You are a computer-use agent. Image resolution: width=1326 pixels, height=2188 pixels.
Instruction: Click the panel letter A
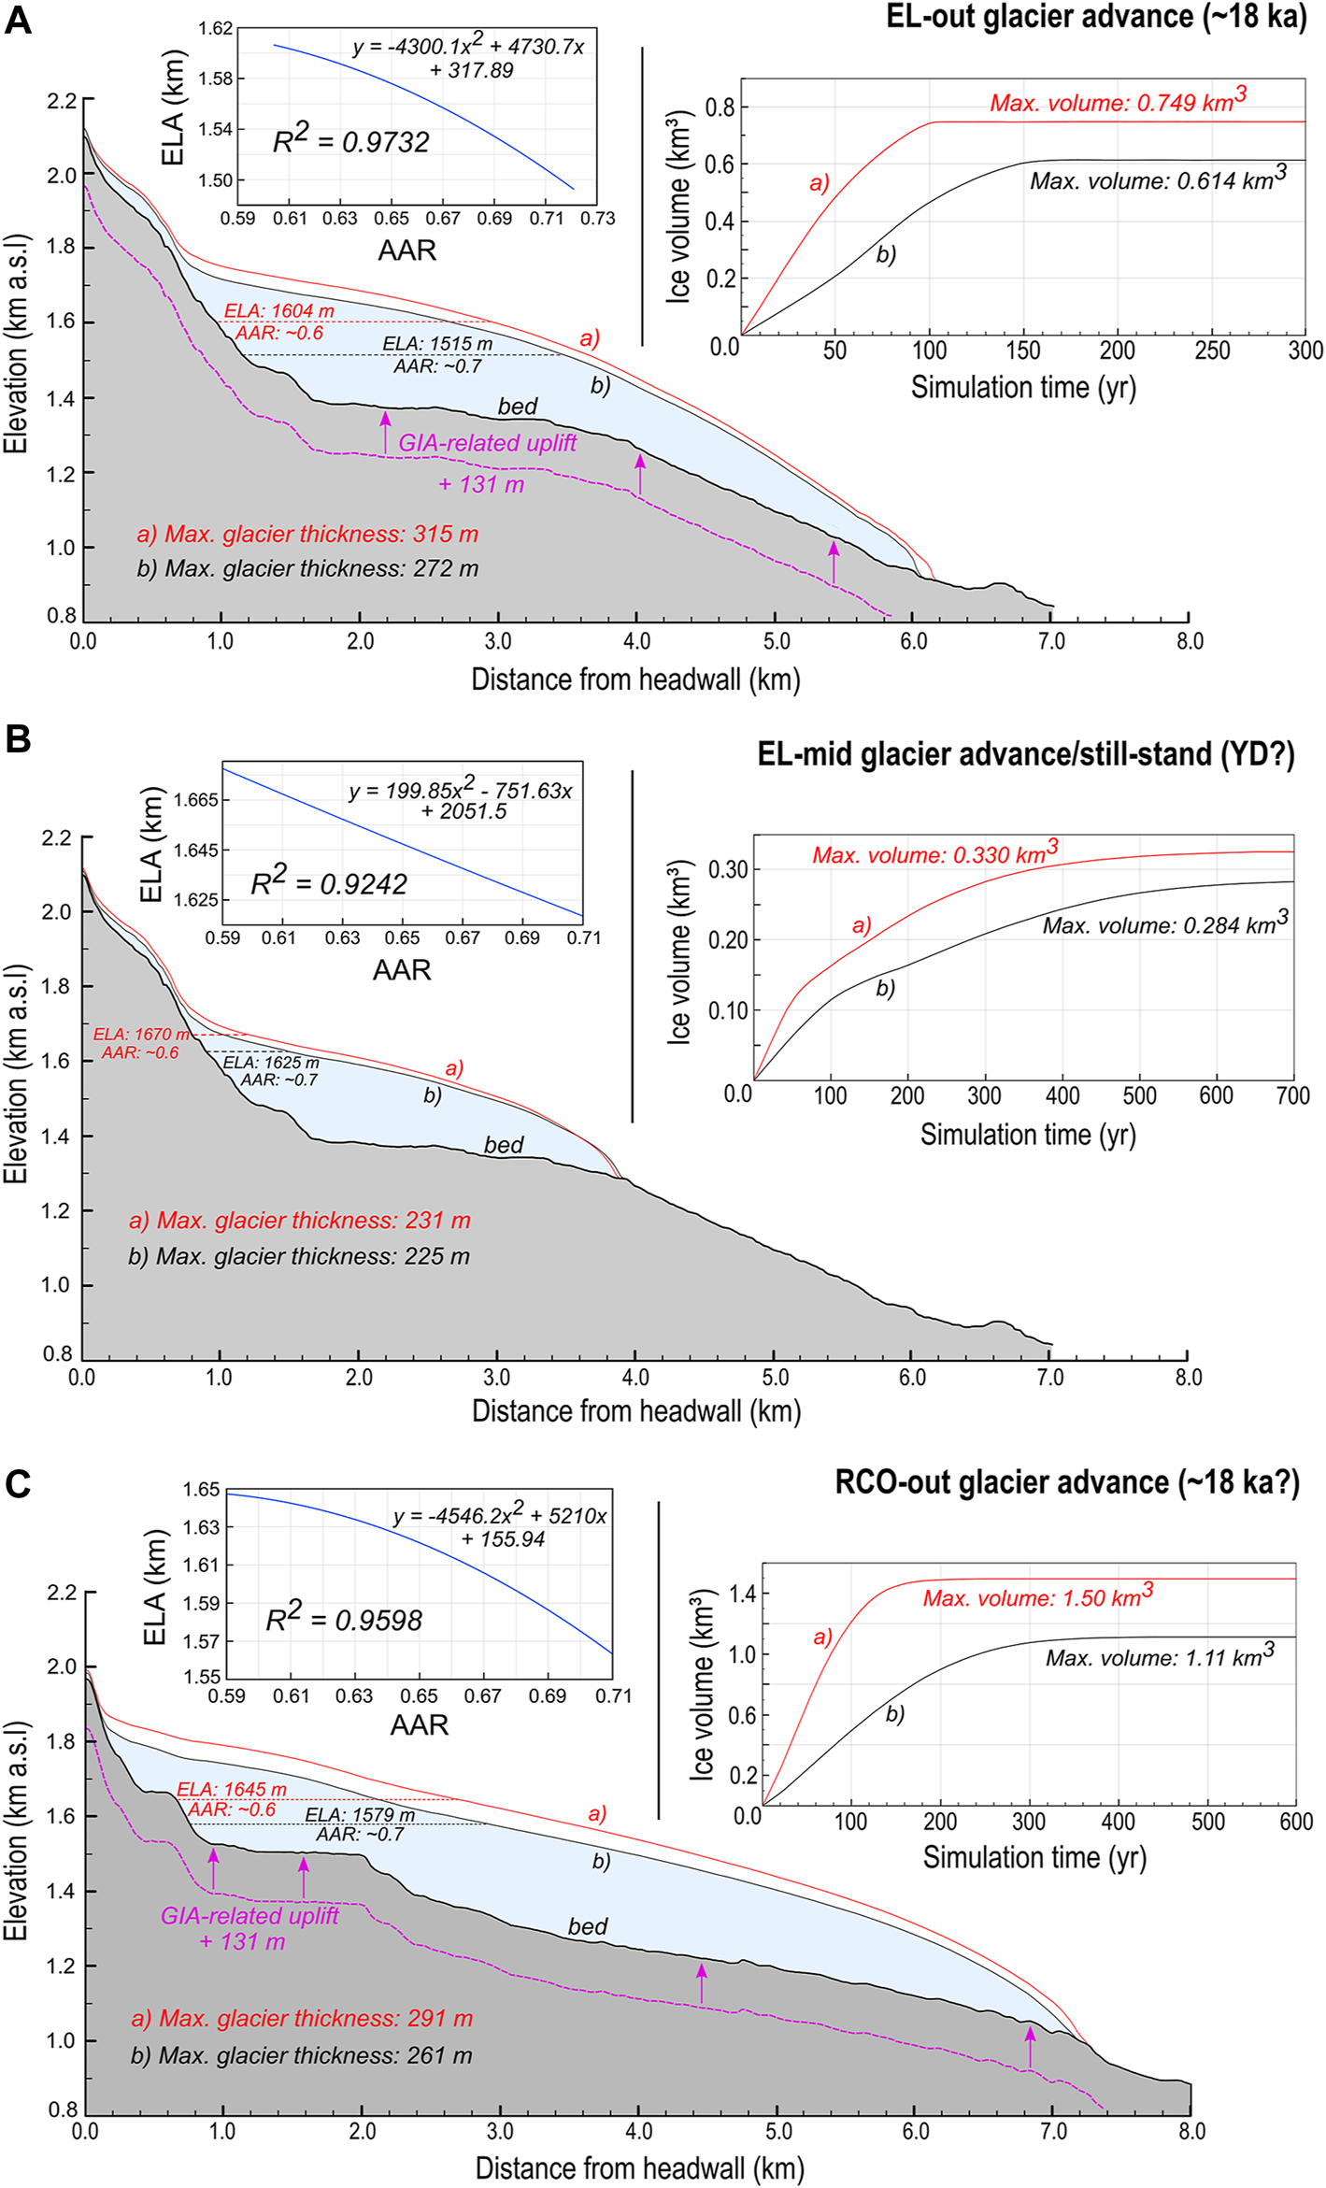tap(18, 20)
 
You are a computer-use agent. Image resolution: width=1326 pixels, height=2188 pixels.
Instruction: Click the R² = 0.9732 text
tap(350, 140)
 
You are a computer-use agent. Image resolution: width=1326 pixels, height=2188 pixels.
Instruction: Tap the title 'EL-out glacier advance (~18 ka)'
tap(1096, 17)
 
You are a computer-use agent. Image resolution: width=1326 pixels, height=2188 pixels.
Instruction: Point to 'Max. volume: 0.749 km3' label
tap(1118, 101)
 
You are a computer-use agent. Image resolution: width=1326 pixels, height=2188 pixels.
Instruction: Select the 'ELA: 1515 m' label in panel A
tap(437, 344)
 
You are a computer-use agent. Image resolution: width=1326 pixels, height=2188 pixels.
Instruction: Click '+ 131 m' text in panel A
tap(481, 484)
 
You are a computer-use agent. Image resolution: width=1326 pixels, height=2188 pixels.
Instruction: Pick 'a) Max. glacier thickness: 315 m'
tap(307, 535)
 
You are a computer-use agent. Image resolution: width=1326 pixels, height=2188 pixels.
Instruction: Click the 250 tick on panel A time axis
tap(1212, 350)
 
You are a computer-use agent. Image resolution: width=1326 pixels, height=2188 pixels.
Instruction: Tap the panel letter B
tap(18, 739)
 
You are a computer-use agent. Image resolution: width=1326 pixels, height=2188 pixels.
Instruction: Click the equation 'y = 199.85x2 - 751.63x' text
tap(461, 790)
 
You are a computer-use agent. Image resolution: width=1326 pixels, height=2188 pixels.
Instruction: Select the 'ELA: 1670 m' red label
tap(141, 1035)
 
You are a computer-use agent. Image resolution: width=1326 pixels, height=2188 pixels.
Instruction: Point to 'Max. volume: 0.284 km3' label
tap(1165, 924)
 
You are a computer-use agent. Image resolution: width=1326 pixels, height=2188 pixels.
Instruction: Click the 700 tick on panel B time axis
tap(1292, 1095)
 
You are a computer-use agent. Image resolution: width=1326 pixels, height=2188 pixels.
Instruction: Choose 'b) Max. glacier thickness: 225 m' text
tap(299, 1256)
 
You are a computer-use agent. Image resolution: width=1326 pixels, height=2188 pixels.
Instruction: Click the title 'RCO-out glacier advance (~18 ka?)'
tap(1067, 1483)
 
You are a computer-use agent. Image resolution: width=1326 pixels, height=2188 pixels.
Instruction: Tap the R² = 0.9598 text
tap(344, 1620)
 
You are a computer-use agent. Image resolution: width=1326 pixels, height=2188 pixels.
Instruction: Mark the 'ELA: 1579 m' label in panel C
tap(360, 1815)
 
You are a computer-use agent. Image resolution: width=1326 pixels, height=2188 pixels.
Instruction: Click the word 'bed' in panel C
tap(588, 1926)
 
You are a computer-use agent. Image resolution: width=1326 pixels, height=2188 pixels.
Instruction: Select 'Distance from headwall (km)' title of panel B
tap(636, 1410)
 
